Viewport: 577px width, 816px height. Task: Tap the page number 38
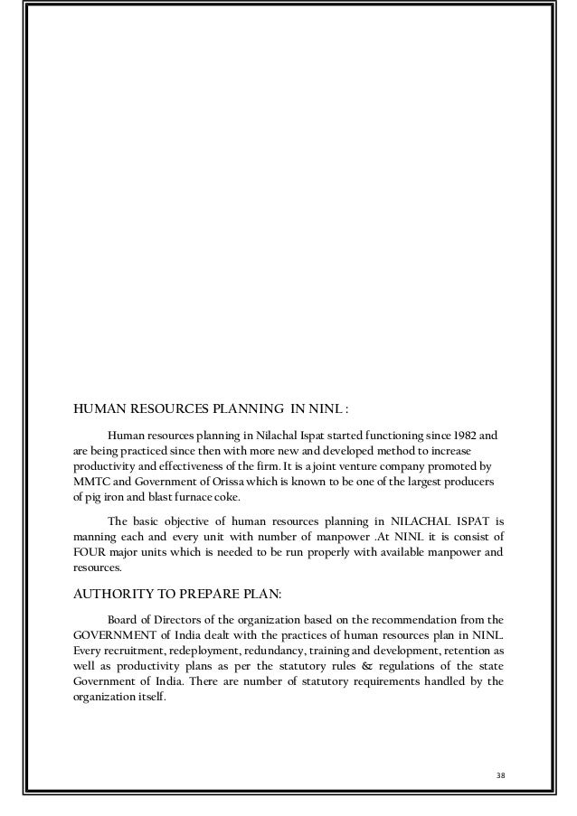tap(490, 775)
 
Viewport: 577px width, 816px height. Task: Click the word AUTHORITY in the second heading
tap(110, 594)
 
